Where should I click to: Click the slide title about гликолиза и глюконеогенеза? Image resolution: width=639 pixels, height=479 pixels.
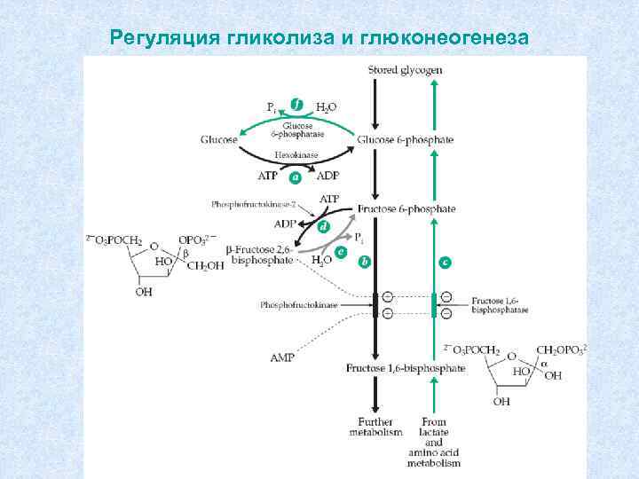tap(319, 38)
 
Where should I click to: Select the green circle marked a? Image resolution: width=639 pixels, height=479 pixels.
tap(296, 177)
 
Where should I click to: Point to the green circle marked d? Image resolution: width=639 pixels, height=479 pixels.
tap(324, 227)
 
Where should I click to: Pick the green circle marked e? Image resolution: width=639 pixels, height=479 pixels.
tap(341, 252)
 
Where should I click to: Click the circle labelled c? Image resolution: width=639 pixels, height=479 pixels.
tap(445, 262)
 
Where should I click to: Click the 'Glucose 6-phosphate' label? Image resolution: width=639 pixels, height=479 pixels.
tap(405, 139)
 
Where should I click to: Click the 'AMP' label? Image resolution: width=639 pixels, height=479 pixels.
tap(281, 357)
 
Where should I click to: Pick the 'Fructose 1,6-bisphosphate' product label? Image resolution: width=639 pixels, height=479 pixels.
tap(406, 367)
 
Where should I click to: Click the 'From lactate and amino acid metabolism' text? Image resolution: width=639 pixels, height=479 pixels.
tap(434, 441)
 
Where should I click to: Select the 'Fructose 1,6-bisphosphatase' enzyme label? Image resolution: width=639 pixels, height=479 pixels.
tap(501, 306)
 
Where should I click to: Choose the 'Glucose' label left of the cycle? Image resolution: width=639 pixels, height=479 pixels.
tap(219, 139)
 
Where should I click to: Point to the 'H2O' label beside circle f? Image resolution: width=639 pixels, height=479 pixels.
tap(327, 107)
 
